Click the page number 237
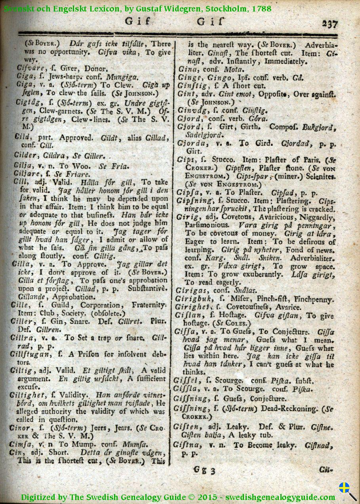[330, 24]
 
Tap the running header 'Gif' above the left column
[138, 21]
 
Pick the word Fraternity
[147, 305]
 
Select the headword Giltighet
[29, 395]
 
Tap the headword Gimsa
[24, 444]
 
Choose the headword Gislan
[189, 316]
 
